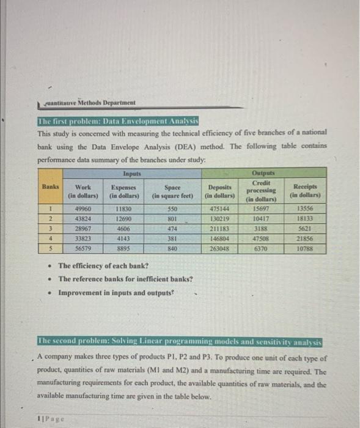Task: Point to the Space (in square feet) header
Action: pyautogui.click(x=172, y=191)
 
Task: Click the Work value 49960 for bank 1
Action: pyautogui.click(x=83, y=208)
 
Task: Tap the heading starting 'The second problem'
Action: pyautogui.click(x=180, y=341)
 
